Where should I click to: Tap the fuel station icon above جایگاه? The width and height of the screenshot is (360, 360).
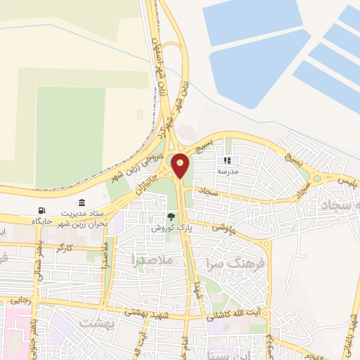(42, 210)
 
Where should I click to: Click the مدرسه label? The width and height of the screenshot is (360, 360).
(227, 171)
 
